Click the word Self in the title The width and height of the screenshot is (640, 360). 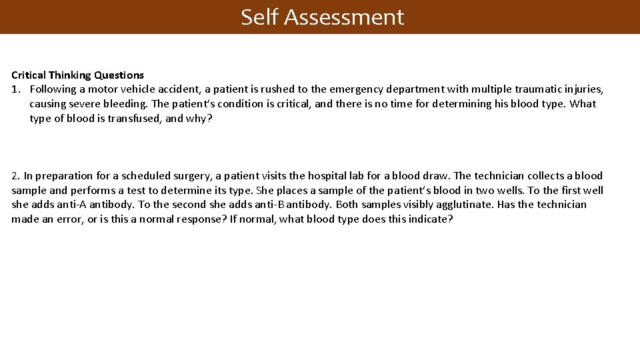260,17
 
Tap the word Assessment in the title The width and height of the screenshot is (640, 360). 344,17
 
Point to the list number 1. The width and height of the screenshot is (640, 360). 15,89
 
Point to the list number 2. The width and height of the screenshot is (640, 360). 15,176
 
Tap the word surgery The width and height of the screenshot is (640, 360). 192,176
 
